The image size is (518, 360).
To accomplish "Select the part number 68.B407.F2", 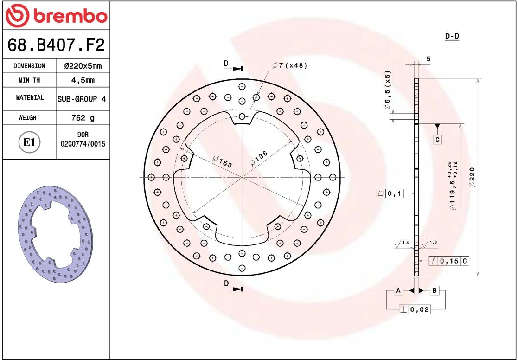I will (56, 45).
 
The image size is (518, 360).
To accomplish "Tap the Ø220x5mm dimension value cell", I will (83, 66).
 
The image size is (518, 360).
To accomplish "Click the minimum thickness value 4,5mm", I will (83, 80).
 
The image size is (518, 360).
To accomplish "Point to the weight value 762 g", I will (83, 118).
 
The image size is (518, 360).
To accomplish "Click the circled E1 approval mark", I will (30, 142).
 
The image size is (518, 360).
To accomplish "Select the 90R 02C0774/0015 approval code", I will (83, 140).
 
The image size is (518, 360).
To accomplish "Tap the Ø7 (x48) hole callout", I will (290, 66).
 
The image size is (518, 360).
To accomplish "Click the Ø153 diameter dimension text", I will (222, 162).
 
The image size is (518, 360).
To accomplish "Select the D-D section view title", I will (452, 36).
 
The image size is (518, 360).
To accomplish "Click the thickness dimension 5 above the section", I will (428, 59).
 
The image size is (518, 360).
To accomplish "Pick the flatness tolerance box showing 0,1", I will (390, 193).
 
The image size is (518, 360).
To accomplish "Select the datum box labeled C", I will (437, 139).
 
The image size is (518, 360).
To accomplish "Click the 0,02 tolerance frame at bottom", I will (415, 309).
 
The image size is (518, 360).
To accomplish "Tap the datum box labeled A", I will (398, 290).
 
